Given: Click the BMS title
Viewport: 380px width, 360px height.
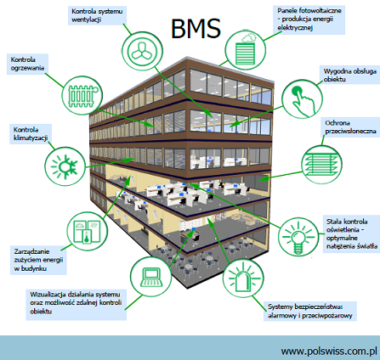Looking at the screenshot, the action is click(x=196, y=28).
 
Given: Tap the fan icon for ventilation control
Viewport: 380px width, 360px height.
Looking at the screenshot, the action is click(x=142, y=52).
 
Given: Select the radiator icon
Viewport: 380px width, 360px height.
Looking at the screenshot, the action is click(x=82, y=95).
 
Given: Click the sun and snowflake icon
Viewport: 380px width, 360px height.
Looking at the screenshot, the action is click(x=65, y=166).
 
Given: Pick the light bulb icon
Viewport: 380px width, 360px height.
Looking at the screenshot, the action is click(x=298, y=237).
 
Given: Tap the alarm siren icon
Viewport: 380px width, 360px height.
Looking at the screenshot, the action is click(x=243, y=278).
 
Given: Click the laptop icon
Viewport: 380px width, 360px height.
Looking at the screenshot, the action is click(x=151, y=276).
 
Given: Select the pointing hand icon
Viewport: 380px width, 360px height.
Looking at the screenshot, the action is click(x=303, y=98).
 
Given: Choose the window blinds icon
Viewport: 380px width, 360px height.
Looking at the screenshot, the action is click(x=321, y=165).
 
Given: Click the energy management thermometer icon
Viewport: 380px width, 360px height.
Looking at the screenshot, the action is click(x=88, y=231).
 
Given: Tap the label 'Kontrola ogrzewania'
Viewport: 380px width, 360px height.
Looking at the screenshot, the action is click(x=27, y=64).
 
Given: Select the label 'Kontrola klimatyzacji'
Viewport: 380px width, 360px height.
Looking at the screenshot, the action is click(x=31, y=134).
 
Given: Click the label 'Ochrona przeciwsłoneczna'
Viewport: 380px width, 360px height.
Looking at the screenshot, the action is click(x=350, y=127).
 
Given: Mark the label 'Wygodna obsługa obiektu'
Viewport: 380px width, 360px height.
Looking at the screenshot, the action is click(x=350, y=75).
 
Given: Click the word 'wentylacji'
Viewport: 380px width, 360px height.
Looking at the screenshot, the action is click(x=87, y=20).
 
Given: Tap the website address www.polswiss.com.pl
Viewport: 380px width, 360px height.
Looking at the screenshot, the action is click(x=329, y=351).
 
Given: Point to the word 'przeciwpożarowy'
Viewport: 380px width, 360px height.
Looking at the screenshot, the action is click(x=327, y=315).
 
